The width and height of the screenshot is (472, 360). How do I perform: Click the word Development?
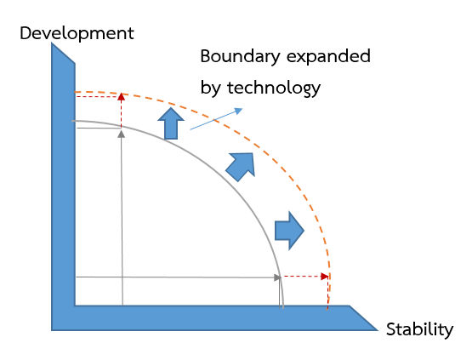pos(77,34)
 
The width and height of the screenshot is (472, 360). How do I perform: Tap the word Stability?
pos(419,330)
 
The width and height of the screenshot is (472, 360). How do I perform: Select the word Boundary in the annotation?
pos(240,57)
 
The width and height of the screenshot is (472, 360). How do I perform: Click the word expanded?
pos(329,57)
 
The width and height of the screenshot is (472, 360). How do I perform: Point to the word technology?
pos(274,89)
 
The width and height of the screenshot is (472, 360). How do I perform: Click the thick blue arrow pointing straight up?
pos(171,123)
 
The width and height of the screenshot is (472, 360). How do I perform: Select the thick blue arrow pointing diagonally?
pos(242,167)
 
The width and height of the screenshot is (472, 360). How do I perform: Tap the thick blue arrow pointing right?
pos(290,231)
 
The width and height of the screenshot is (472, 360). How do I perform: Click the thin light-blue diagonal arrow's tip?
pos(242,109)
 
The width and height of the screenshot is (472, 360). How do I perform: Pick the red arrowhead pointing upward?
pos(121,96)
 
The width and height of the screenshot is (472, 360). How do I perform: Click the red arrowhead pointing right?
pos(325,277)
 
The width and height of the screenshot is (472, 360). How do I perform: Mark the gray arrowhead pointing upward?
pos(121,134)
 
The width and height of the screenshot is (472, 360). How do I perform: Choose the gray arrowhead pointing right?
pos(277,277)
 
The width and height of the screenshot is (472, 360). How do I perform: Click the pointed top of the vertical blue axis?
pos(52,43)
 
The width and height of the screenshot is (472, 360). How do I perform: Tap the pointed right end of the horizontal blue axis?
pos(378,330)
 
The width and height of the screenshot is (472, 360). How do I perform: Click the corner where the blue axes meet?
pos(75,306)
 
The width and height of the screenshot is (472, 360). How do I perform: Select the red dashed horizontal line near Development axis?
pos(98,96)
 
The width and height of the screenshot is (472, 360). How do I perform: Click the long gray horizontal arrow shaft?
pos(175,277)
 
